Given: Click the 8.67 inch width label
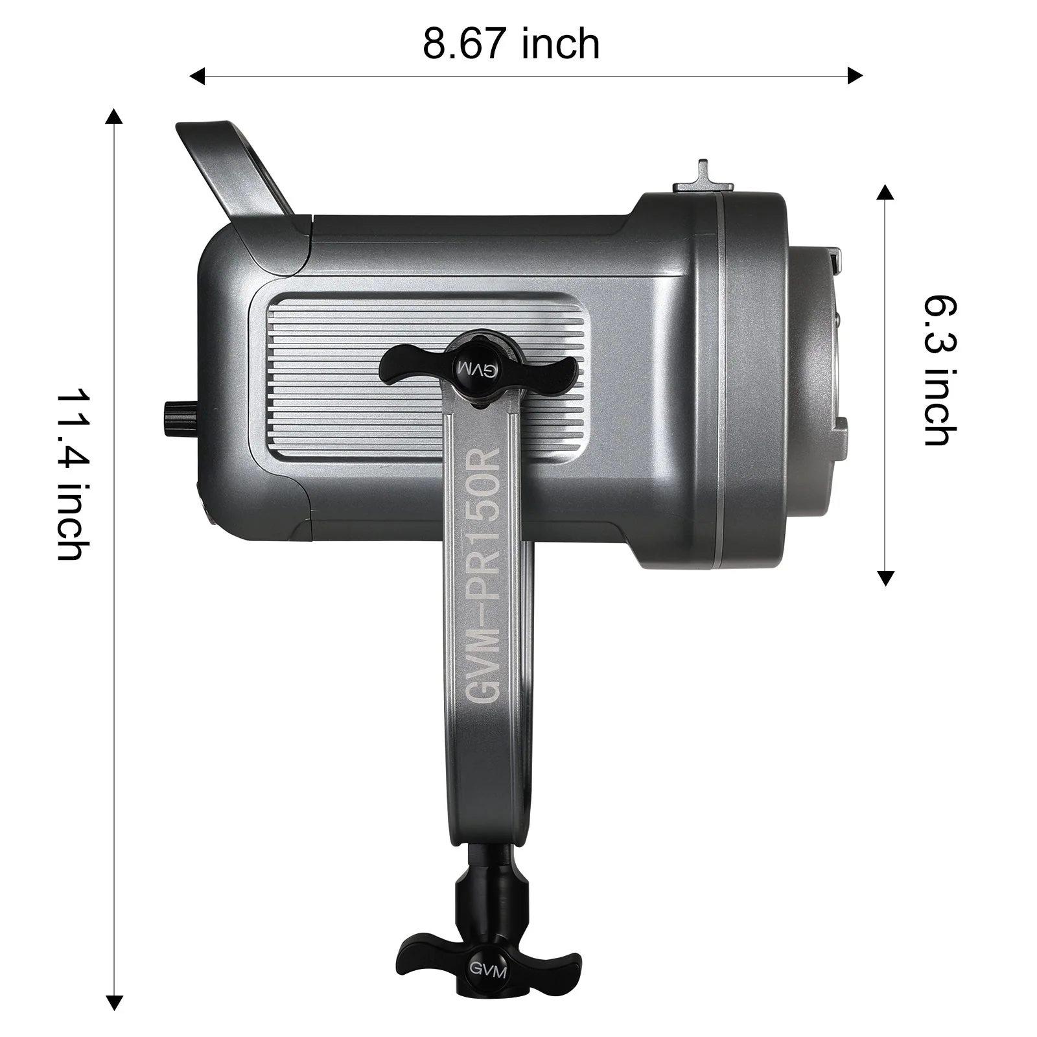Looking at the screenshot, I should click(x=511, y=44).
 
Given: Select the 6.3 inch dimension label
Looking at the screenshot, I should click(x=939, y=370).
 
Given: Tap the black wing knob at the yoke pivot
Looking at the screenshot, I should click(x=480, y=367).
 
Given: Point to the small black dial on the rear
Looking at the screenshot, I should click(x=173, y=415).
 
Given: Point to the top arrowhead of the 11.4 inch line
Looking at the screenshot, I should click(x=114, y=117).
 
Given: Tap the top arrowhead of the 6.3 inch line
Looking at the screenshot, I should click(x=885, y=192).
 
